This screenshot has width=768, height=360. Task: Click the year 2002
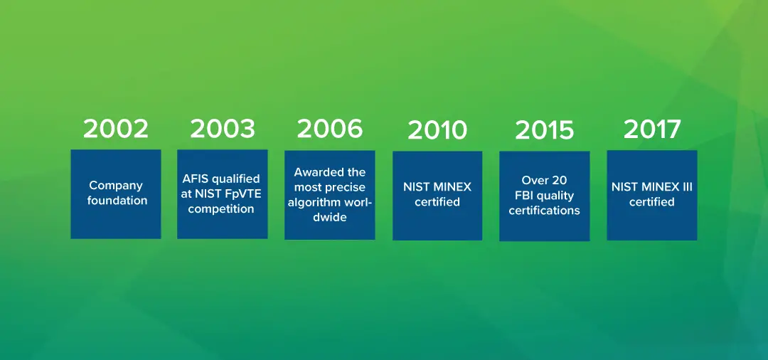[x=116, y=129]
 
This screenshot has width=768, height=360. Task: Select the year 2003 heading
[x=223, y=129]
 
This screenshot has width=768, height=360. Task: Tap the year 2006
[x=330, y=129]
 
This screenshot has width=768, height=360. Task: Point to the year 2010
[x=437, y=130]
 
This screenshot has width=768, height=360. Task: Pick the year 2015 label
[x=544, y=130]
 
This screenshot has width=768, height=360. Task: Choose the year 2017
[x=652, y=129]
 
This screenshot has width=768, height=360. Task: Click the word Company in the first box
[x=116, y=186]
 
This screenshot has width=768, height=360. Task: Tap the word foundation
[x=117, y=201]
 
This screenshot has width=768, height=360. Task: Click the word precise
[x=347, y=188]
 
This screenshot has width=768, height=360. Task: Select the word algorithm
[x=312, y=203]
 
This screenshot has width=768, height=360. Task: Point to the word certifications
[x=544, y=211]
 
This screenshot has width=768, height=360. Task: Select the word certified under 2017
[x=651, y=202]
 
